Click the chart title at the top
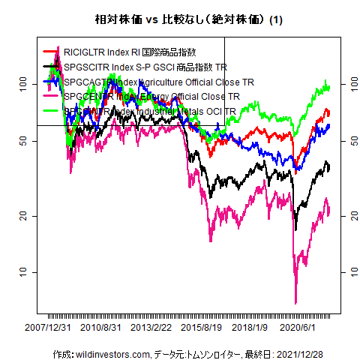click(x=179, y=17)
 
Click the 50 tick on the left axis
click(x=22, y=141)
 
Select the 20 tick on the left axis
click(x=22, y=215)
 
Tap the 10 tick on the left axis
click(x=22, y=271)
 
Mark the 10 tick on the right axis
click(x=346, y=271)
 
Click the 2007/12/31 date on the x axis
click(x=49, y=328)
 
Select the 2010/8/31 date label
click(x=101, y=328)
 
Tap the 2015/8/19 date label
click(x=202, y=328)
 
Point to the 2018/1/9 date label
click(x=250, y=328)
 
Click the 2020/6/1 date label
click(x=298, y=328)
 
